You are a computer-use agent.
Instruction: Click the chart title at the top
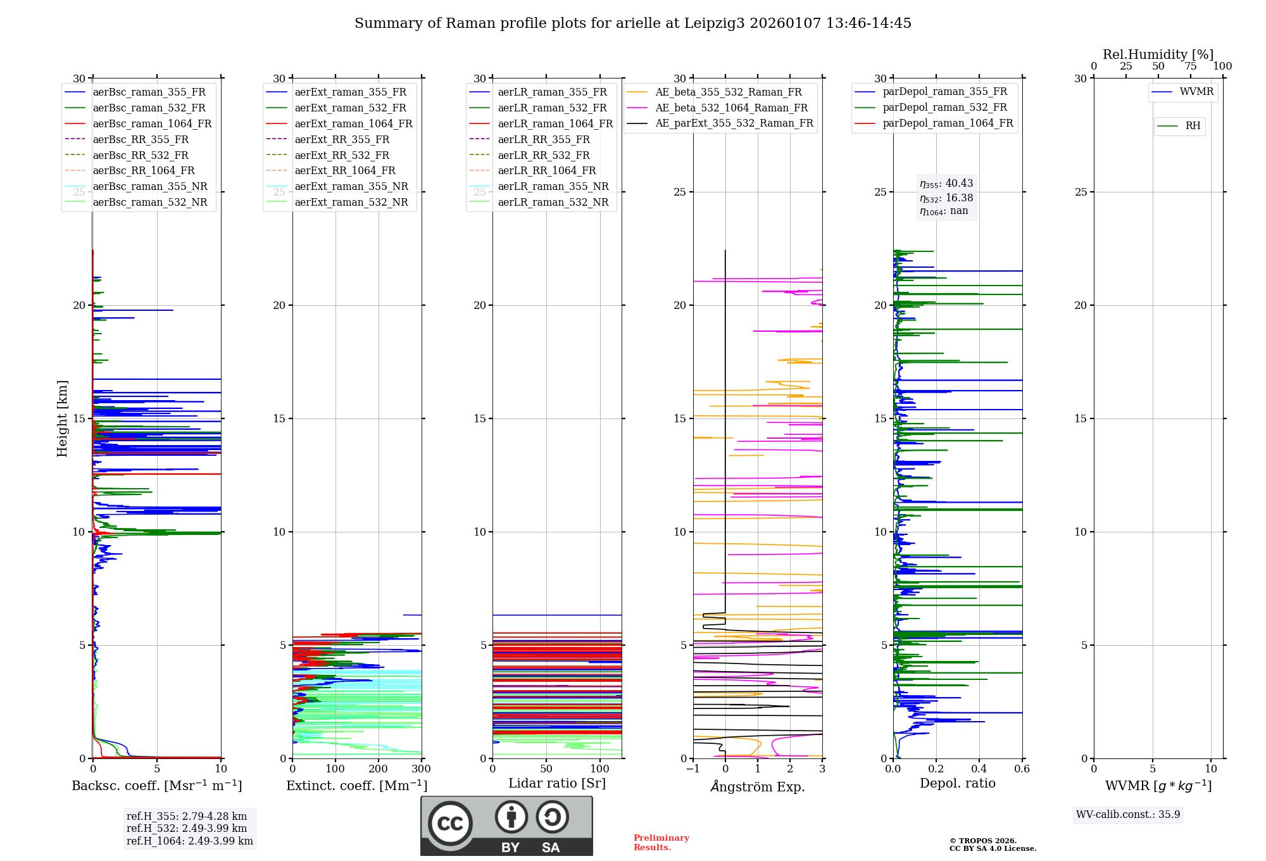pyautogui.click(x=633, y=23)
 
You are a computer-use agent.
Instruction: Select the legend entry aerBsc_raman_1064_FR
pyautogui.click(x=152, y=123)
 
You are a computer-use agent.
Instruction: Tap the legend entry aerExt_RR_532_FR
pyautogui.click(x=342, y=155)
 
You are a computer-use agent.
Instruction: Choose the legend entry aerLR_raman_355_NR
pyautogui.click(x=553, y=186)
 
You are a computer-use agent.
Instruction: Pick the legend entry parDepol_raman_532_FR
pyautogui.click(x=944, y=107)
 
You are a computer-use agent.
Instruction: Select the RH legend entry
pyautogui.click(x=1193, y=126)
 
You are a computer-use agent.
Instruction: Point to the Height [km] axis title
pyautogui.click(x=62, y=418)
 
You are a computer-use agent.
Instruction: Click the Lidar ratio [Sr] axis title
pyautogui.click(x=557, y=783)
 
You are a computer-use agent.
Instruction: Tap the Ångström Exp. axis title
pyautogui.click(x=758, y=786)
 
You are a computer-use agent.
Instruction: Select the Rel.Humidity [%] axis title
pyautogui.click(x=1158, y=54)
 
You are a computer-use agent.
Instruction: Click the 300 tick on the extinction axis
pyautogui.click(x=421, y=769)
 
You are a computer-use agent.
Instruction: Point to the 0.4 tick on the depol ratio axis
pyautogui.click(x=979, y=769)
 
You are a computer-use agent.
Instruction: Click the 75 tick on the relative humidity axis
pyautogui.click(x=1191, y=66)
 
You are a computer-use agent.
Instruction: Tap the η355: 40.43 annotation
pyautogui.click(x=946, y=184)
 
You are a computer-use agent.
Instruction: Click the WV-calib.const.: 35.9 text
pyautogui.click(x=1128, y=814)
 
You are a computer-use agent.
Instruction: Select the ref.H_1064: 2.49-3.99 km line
pyautogui.click(x=190, y=841)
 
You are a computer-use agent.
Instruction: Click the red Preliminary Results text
pyautogui.click(x=661, y=842)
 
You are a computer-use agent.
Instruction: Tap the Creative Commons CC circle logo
pyautogui.click(x=450, y=824)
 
